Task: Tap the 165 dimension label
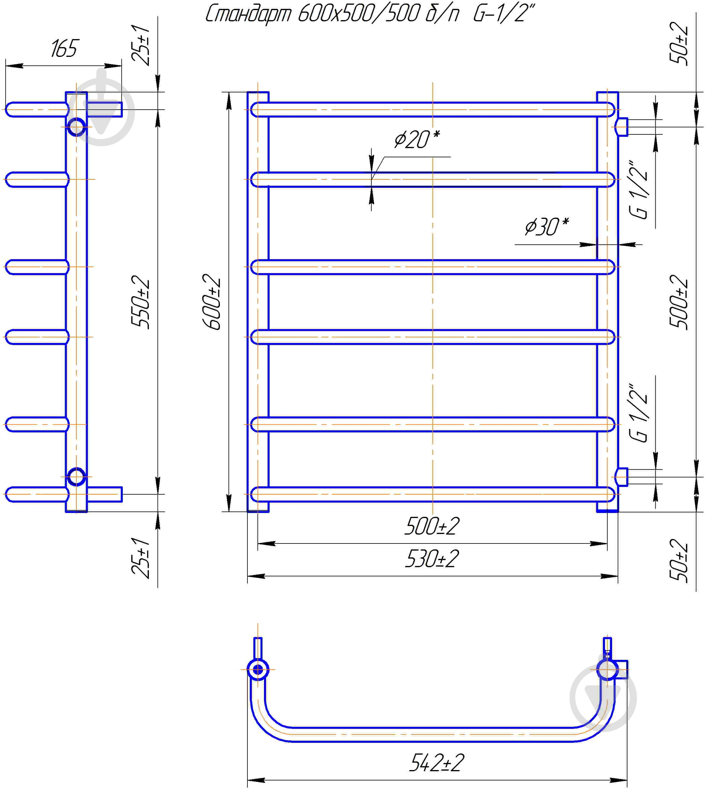64,49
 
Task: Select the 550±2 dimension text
140,302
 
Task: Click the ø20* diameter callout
417,139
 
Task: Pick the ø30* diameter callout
547,227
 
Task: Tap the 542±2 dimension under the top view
437,763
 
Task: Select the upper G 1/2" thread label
638,190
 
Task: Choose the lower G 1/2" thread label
638,413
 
